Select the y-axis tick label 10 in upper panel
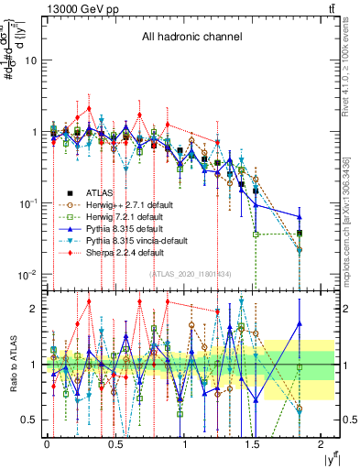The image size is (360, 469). (30, 60)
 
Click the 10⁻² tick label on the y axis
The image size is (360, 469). (27, 275)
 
